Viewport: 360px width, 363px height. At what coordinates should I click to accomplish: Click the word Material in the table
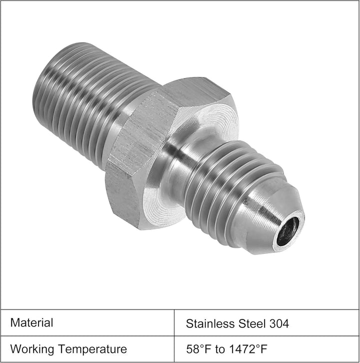coord(31,322)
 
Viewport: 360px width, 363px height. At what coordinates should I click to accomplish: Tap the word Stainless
coord(210,323)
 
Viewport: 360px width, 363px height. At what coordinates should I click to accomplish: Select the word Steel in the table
coord(252,323)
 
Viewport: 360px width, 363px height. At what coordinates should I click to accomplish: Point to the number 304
coord(279,323)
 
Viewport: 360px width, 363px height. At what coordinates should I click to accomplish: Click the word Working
coord(32,349)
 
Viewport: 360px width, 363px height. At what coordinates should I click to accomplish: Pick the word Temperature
coord(92,349)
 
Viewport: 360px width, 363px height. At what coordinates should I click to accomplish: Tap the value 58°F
coord(198,349)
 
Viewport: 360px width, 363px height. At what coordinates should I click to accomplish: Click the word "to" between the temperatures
coord(220,349)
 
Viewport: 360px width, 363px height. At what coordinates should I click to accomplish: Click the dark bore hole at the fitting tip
coord(288,231)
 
